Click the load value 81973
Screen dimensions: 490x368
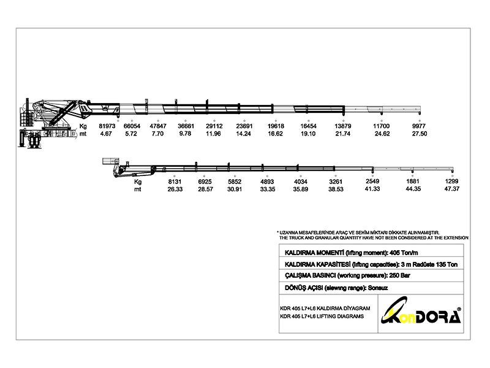[x=107, y=126]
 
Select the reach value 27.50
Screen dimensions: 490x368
[x=420, y=134]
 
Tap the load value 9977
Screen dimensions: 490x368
[x=419, y=126]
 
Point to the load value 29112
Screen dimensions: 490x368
[x=214, y=126]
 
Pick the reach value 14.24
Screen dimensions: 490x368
[x=243, y=134]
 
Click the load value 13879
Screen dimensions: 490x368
[x=343, y=126]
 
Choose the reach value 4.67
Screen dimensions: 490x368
[x=106, y=134]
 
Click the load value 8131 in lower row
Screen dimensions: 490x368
[x=175, y=182]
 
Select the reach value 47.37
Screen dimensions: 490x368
[x=452, y=189]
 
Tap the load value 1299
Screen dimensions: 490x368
[x=452, y=181]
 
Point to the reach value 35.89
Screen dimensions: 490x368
[x=301, y=190]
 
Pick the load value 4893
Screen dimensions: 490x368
[x=267, y=182]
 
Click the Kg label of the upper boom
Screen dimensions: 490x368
[x=83, y=126]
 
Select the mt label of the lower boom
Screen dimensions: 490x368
[x=137, y=190]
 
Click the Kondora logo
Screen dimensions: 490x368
[x=421, y=312]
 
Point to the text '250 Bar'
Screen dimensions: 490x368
[x=400, y=275]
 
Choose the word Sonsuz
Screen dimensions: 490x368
[x=378, y=288]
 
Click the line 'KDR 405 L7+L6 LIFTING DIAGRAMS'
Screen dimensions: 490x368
[x=322, y=316]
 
